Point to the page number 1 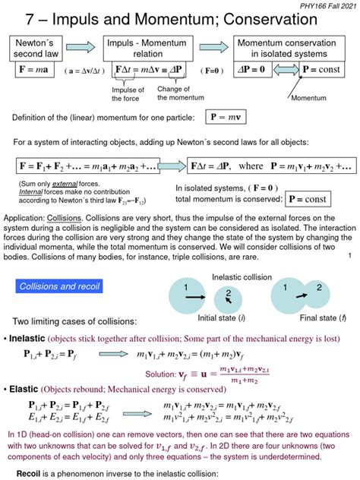348,256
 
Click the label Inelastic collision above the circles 242,276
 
